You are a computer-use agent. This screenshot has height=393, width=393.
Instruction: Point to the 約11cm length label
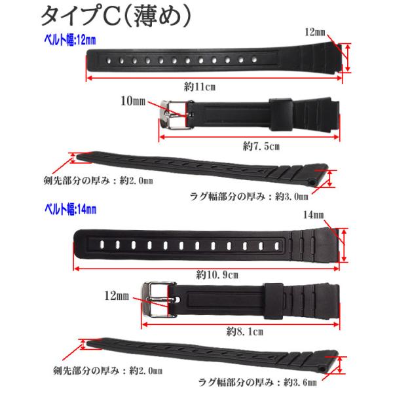click(200, 86)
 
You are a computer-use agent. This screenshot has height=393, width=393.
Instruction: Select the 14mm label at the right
click(314, 215)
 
